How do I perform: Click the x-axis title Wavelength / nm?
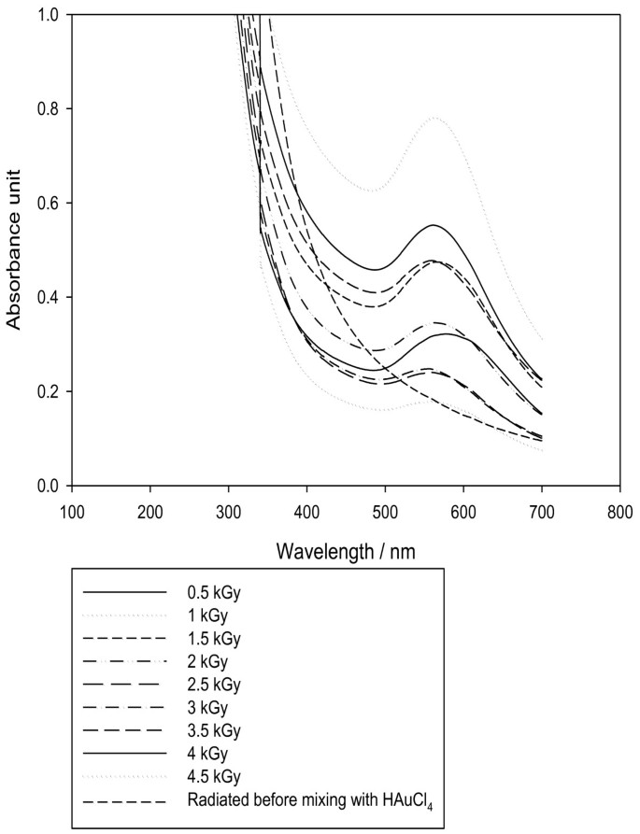[346, 552]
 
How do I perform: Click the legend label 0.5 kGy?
[214, 592]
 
